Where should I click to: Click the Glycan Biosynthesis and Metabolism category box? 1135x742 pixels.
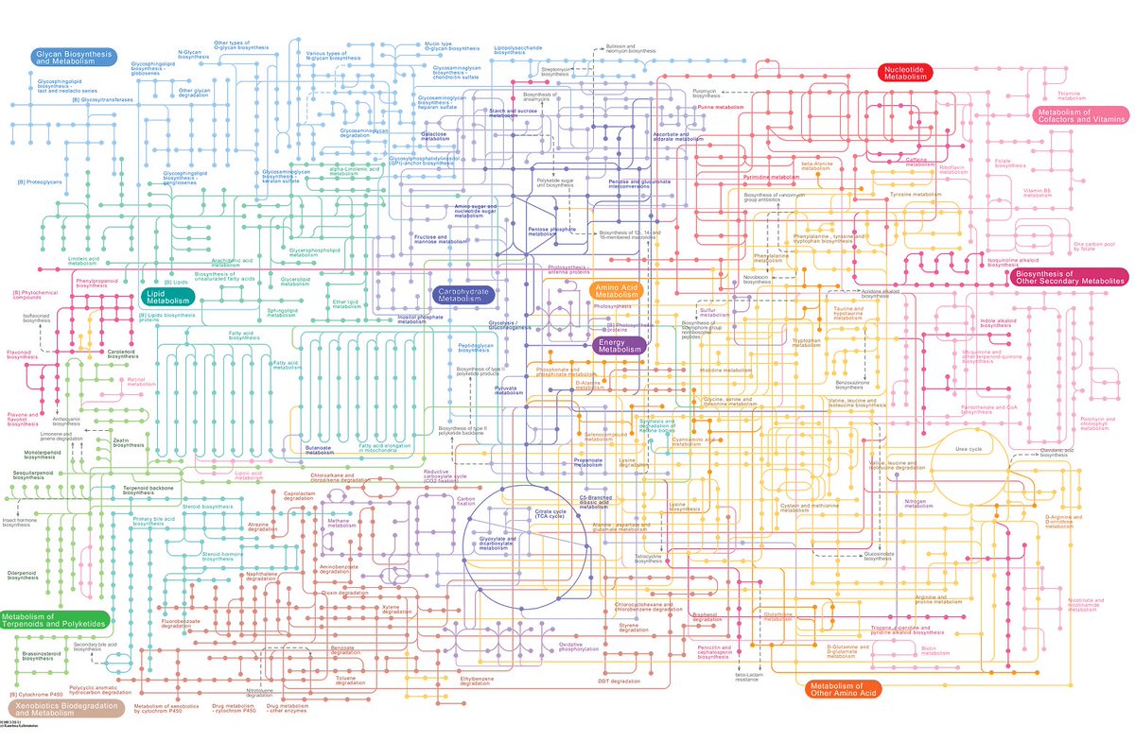click(73, 59)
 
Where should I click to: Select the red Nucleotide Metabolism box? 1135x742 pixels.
click(905, 73)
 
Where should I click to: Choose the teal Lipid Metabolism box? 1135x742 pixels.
click(168, 297)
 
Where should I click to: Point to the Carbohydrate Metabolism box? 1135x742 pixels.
click(462, 296)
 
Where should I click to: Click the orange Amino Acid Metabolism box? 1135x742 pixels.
click(618, 290)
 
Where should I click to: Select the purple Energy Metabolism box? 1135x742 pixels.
click(619, 346)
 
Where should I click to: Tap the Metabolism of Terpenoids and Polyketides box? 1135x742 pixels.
click(54, 621)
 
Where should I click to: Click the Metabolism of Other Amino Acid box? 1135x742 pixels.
click(841, 689)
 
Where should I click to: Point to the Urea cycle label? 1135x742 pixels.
click(968, 449)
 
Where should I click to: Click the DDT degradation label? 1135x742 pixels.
click(620, 681)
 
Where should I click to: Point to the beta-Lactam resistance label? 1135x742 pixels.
click(748, 678)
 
